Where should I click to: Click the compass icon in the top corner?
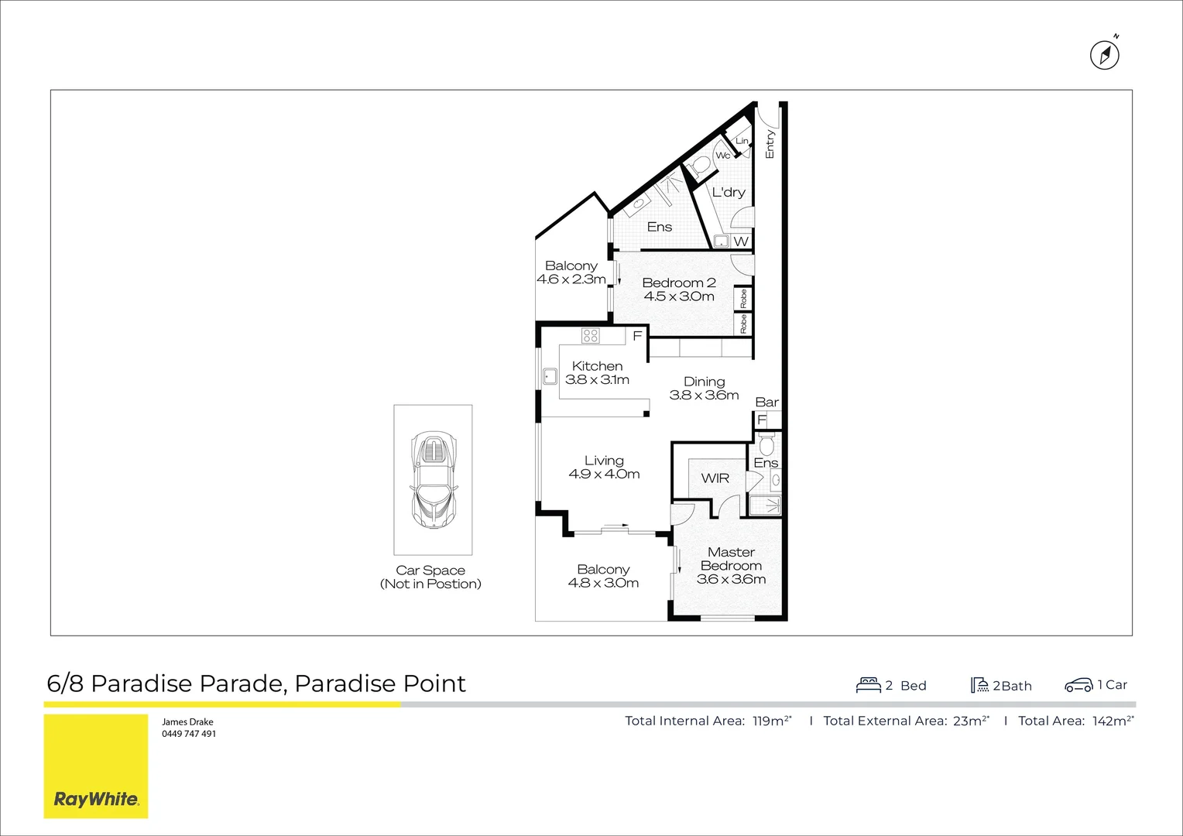(x=1105, y=55)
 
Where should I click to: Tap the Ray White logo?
(x=96, y=799)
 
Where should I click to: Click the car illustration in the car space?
(x=434, y=481)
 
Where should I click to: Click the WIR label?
(x=715, y=478)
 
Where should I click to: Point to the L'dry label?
(x=729, y=192)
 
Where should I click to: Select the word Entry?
(x=770, y=144)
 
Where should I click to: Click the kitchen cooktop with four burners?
(x=591, y=336)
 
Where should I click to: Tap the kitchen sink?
(x=550, y=377)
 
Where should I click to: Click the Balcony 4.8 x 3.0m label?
(x=603, y=576)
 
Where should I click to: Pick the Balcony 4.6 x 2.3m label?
(x=571, y=272)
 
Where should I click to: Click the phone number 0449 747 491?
(x=189, y=734)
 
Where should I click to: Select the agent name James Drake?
(x=187, y=721)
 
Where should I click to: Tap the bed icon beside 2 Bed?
(x=869, y=685)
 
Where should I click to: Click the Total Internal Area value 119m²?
(x=772, y=721)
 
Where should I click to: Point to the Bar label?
(x=766, y=402)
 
